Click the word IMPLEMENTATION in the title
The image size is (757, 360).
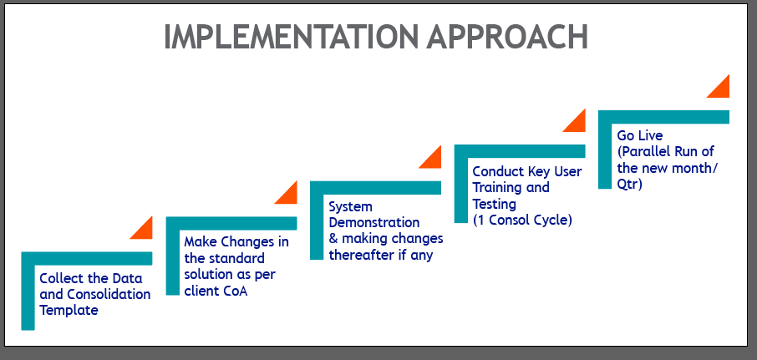[292, 37]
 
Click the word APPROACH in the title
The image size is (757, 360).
[507, 37]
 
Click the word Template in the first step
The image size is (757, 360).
[69, 310]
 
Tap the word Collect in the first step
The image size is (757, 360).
[57, 278]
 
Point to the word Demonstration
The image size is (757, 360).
[374, 223]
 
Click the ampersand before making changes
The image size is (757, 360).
[333, 239]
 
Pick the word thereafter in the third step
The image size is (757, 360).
[361, 255]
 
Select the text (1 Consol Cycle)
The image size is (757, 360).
[522, 221]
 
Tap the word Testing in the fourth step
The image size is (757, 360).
[495, 205]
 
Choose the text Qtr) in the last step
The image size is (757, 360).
[629, 185]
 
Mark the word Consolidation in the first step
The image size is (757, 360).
[109, 294]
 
